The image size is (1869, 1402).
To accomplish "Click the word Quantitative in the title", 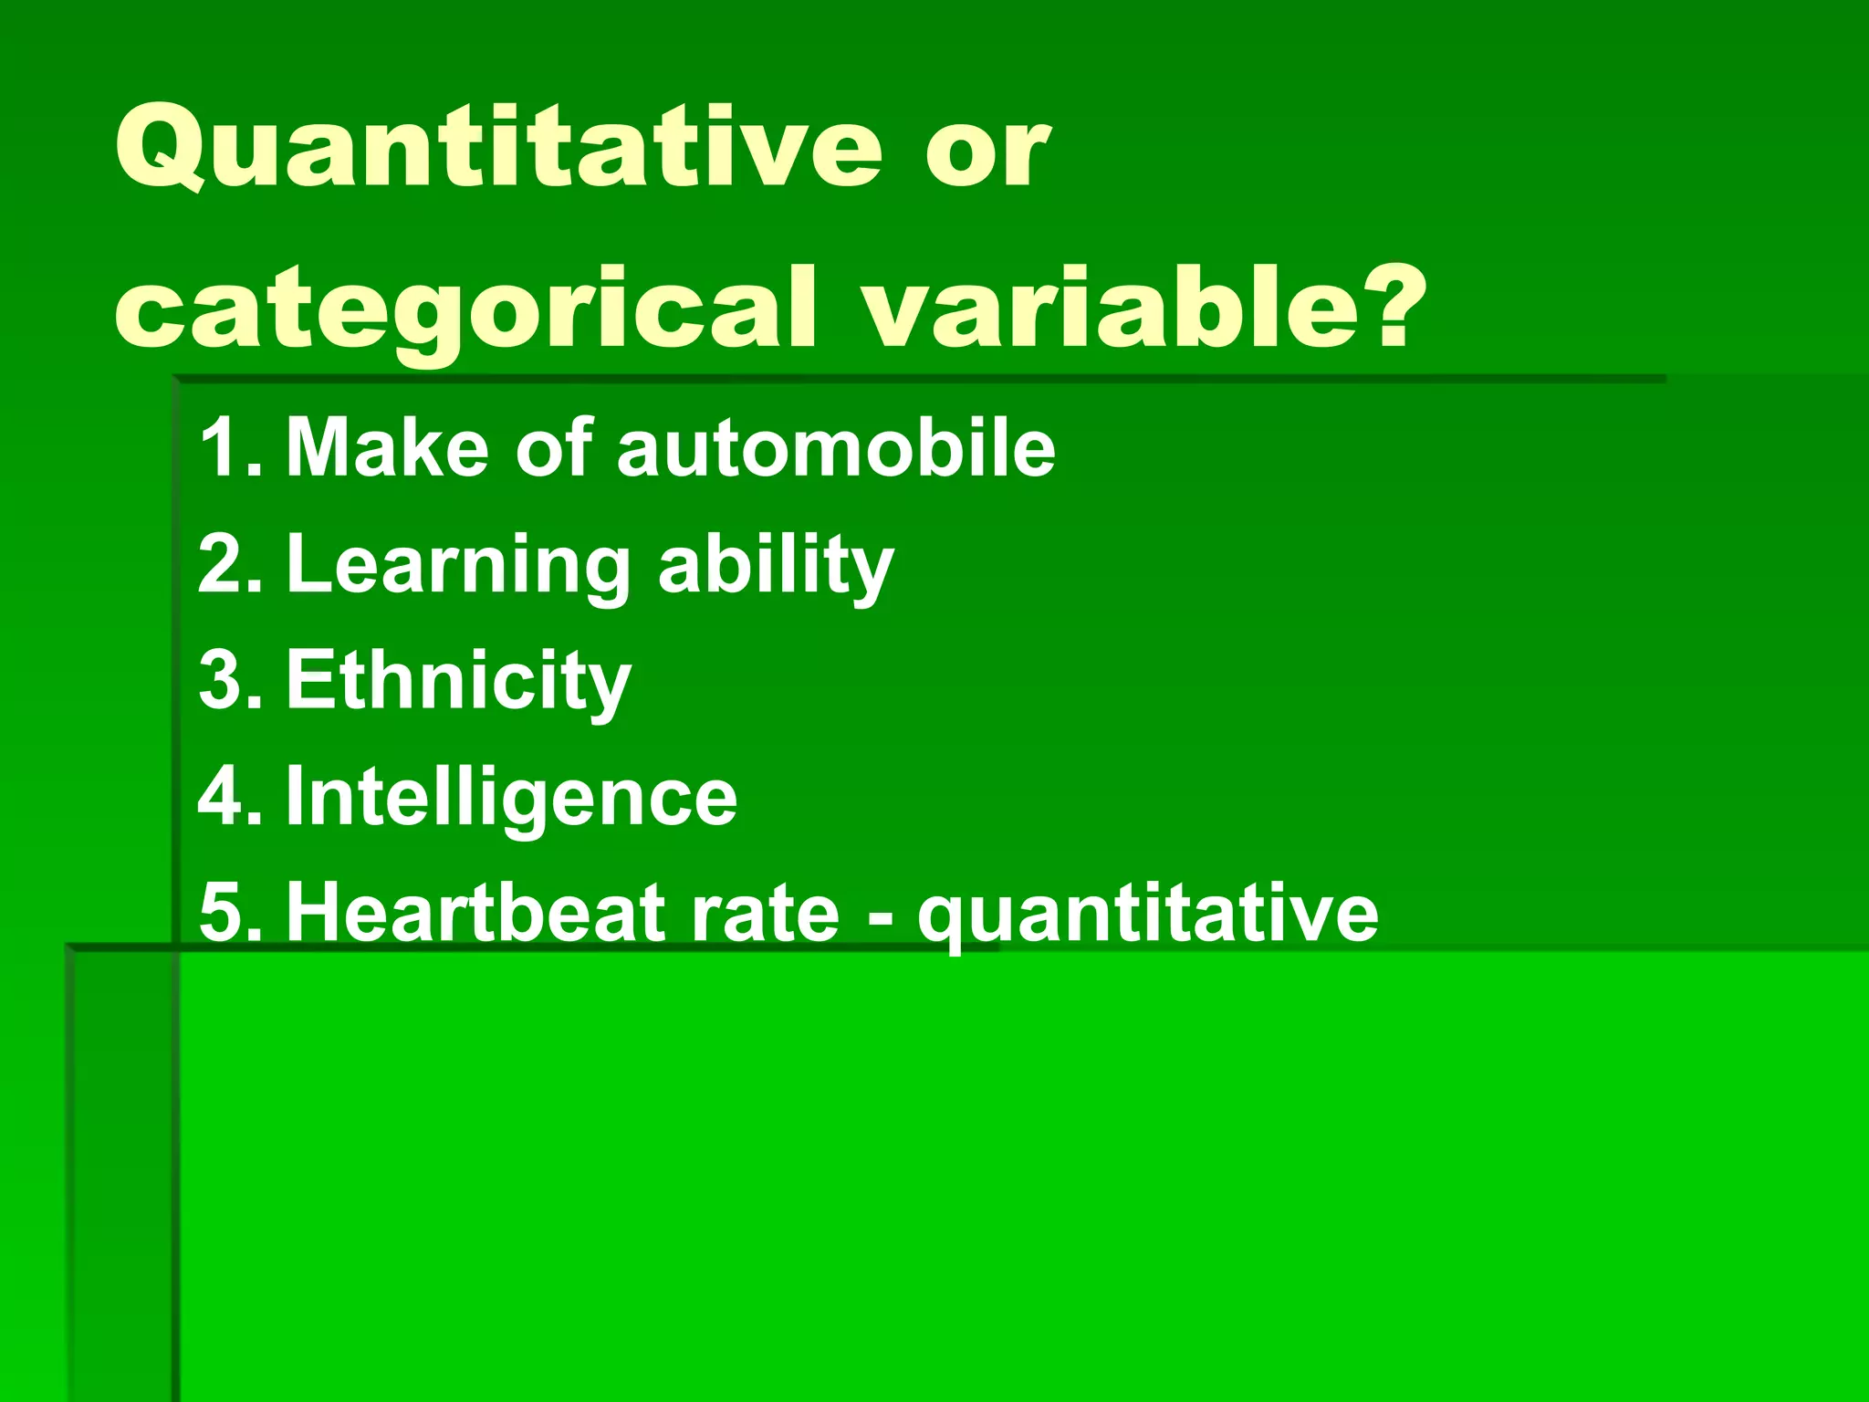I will pos(497,149).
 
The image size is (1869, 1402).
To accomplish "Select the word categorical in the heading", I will pos(464,310).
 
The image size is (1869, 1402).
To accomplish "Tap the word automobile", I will pos(835,447).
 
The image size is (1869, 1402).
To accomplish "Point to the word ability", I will pos(776,566).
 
